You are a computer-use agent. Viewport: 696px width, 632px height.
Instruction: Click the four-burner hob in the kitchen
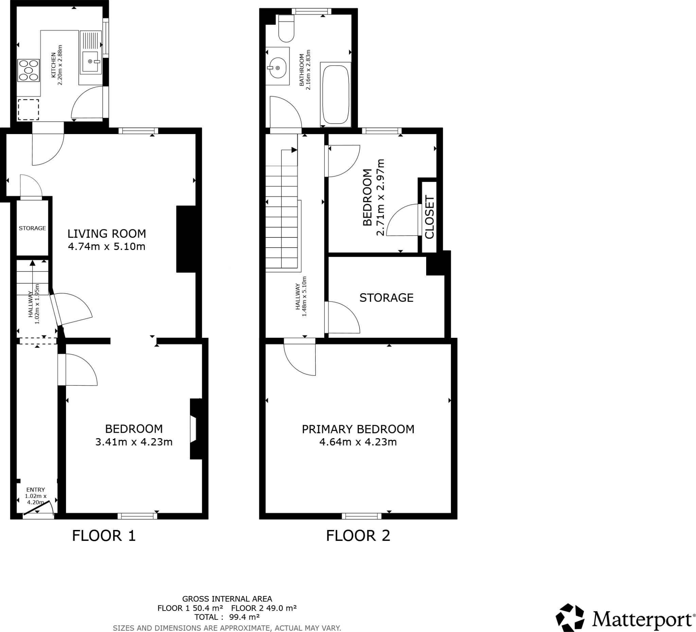pyautogui.click(x=28, y=70)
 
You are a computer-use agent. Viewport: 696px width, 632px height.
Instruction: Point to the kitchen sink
pyautogui.click(x=90, y=61)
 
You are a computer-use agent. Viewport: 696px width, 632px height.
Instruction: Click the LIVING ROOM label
pyautogui.click(x=107, y=234)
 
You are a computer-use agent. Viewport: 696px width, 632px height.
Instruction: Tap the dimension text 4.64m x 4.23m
pyautogui.click(x=358, y=442)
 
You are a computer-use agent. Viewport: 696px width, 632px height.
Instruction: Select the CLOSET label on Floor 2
pyautogui.click(x=429, y=217)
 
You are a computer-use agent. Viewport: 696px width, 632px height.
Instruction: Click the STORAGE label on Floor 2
pyautogui.click(x=386, y=298)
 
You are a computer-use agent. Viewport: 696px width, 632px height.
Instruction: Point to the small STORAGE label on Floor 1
pyautogui.click(x=32, y=228)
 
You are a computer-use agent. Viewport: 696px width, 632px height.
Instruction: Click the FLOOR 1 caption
pyautogui.click(x=104, y=536)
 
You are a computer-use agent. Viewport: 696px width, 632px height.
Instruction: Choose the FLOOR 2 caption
pyautogui.click(x=358, y=536)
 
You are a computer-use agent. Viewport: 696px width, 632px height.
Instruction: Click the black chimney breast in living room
pyautogui.click(x=187, y=239)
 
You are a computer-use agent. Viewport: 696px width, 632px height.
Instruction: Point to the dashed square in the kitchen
pyautogui.click(x=28, y=110)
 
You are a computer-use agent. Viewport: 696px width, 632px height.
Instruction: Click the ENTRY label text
pyautogui.click(x=36, y=489)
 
